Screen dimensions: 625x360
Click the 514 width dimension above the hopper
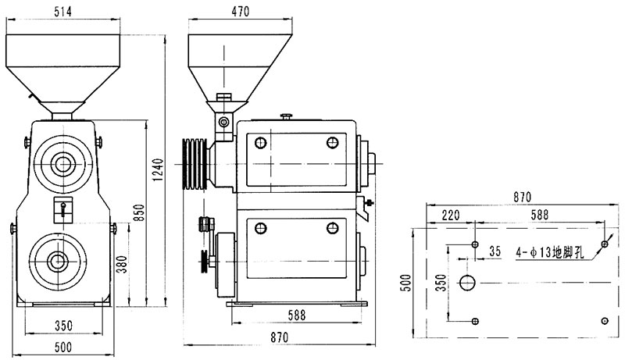coord(63,12)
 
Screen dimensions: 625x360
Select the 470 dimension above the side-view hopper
coord(240,12)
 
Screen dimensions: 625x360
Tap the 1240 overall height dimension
coord(159,169)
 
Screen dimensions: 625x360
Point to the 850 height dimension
coord(139,213)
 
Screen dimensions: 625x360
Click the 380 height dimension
coord(123,264)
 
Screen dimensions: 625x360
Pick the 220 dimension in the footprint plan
coord(451,216)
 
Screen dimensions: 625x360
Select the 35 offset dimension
coord(495,251)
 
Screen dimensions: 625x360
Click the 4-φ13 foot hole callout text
coord(550,252)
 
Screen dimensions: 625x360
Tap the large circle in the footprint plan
coord(467,283)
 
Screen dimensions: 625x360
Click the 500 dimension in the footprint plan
coord(405,283)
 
